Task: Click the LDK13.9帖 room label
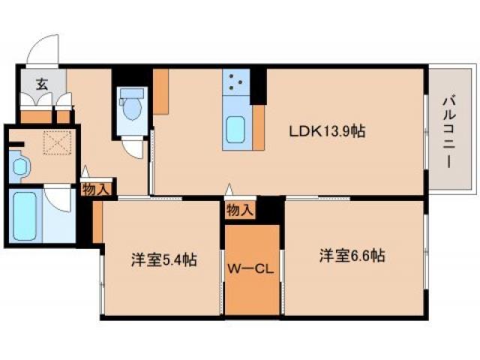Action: (328, 131)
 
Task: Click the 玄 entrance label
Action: (35, 84)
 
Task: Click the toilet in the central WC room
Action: (133, 106)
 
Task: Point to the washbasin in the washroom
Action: (19, 166)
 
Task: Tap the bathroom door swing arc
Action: (58, 201)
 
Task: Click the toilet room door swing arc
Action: (133, 147)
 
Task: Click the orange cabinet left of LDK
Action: (161, 90)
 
